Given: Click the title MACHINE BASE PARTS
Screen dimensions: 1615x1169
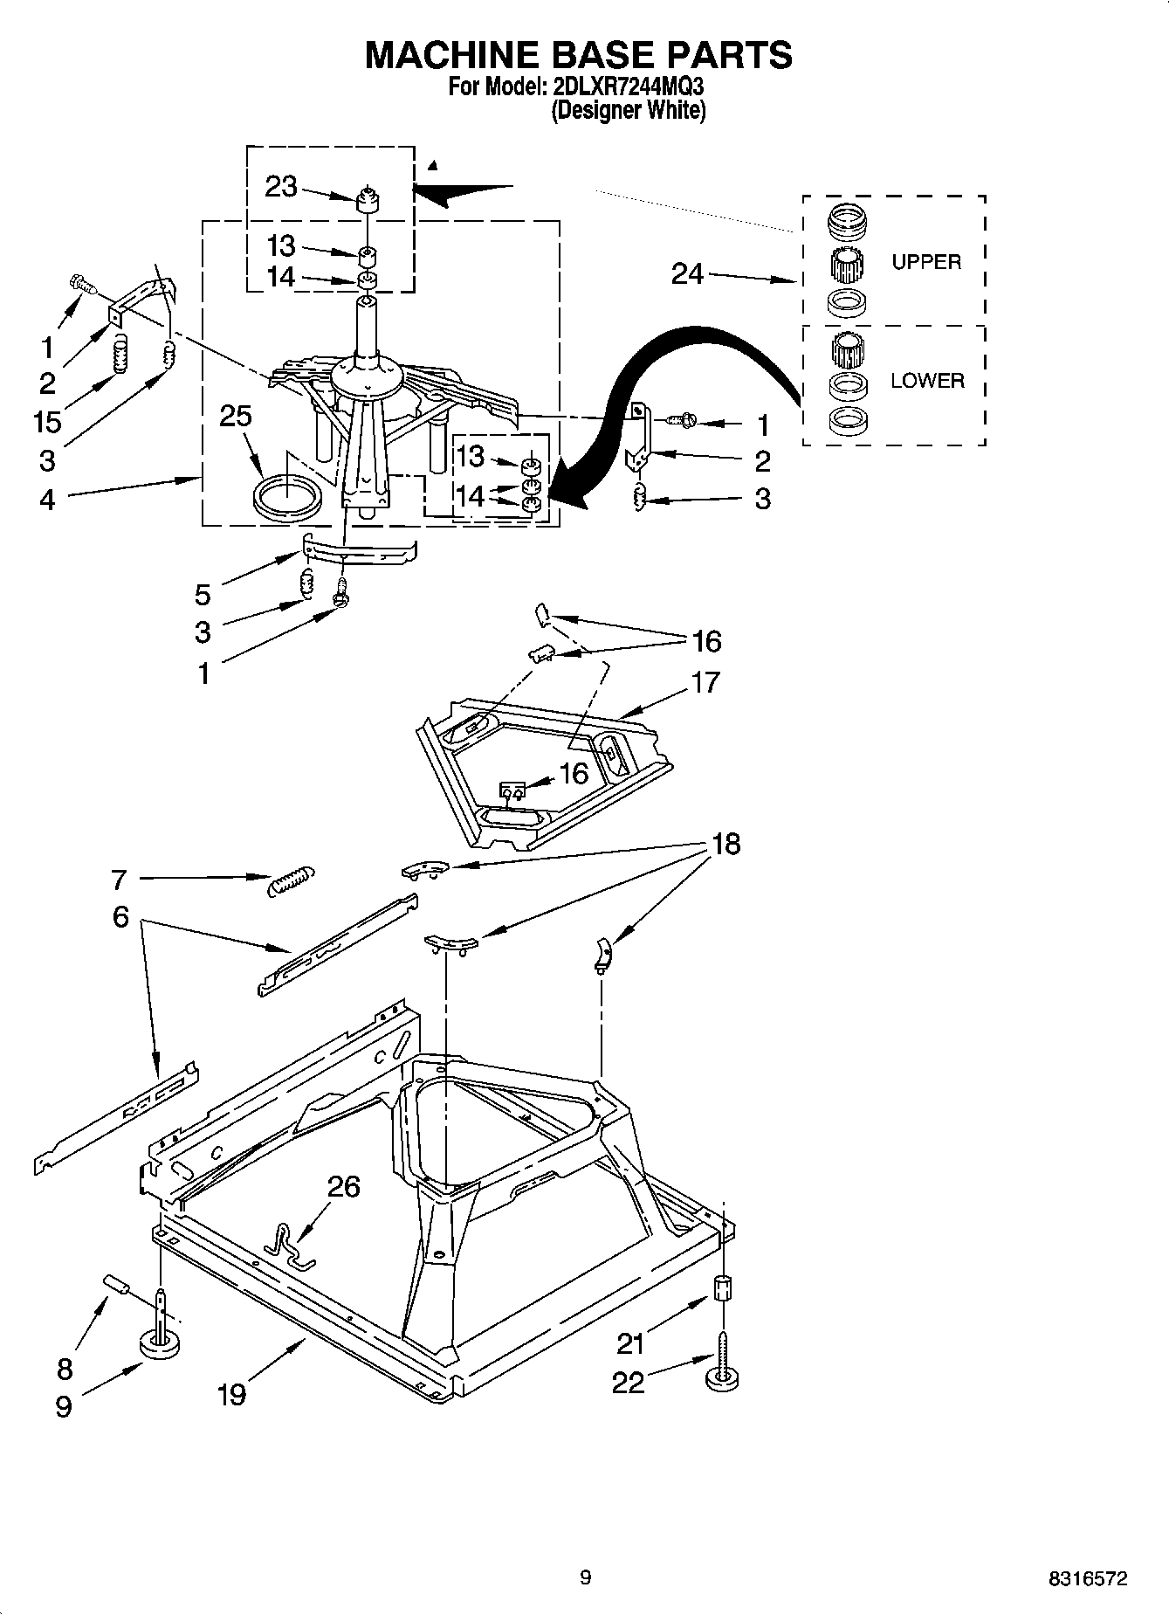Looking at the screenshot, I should tap(577, 54).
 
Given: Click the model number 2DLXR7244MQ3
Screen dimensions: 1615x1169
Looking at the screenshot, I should tap(628, 87).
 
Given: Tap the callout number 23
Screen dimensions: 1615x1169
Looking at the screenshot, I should tap(281, 187).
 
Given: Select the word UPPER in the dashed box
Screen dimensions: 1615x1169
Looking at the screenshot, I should tap(925, 261).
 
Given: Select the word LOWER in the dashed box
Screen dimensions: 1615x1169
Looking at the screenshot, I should tap(927, 381).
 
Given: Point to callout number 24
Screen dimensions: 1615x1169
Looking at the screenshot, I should tap(687, 274).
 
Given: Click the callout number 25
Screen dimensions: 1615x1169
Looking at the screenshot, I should tap(236, 416).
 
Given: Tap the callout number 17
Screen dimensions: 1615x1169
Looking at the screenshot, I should tap(705, 681).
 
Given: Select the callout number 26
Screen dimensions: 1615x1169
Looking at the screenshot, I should tap(343, 1186).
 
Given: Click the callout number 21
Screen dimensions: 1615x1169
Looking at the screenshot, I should tap(630, 1342).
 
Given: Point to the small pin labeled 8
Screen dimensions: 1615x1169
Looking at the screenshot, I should tap(117, 1285).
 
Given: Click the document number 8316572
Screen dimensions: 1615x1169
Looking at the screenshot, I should tap(1088, 1577).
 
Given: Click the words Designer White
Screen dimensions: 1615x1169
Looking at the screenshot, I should tap(628, 110).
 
